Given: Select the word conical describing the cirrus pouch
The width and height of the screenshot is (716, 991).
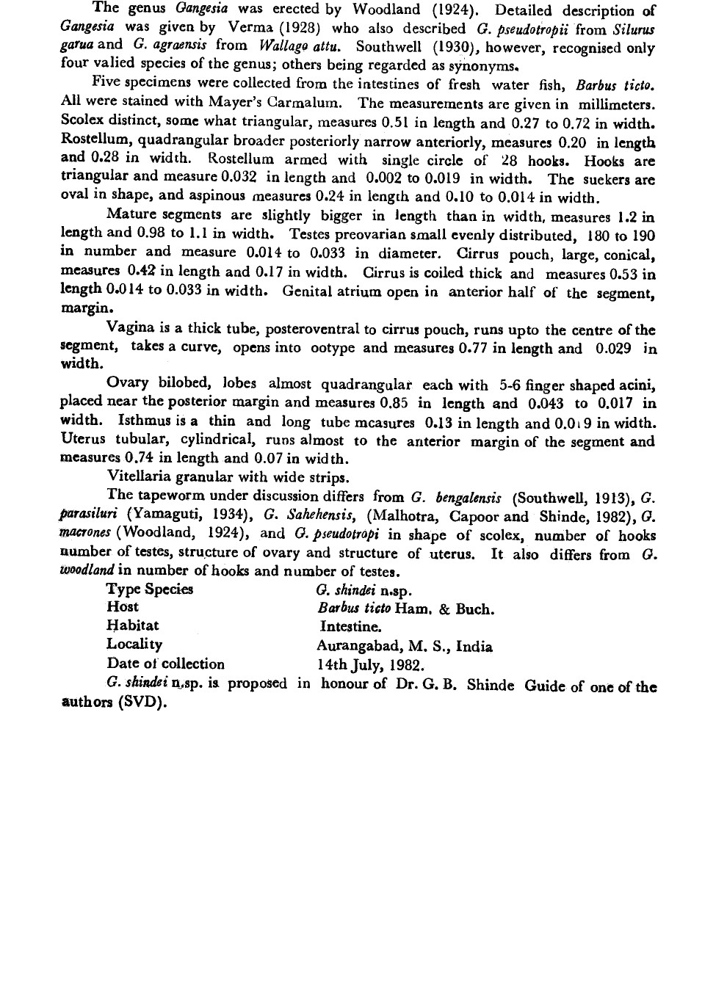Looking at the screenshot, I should point(629,255).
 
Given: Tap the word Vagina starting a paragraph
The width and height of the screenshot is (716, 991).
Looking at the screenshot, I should point(130,330).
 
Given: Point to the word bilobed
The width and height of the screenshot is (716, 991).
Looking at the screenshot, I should point(187,383).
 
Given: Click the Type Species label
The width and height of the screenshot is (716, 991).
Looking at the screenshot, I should point(150,589).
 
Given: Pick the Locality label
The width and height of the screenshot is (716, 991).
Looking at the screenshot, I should point(134,644).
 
